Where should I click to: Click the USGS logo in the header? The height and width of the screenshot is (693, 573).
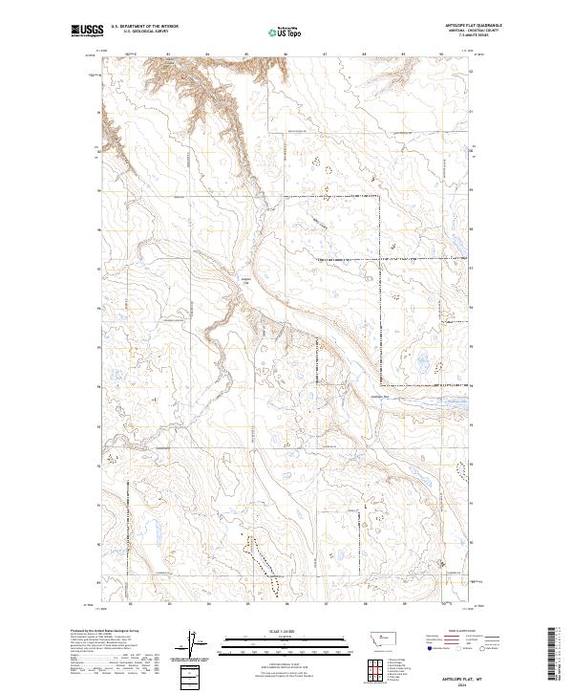point(87,31)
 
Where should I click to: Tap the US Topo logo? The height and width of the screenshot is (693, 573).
point(275,32)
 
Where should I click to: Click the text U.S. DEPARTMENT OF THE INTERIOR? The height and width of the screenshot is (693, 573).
point(145,27)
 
